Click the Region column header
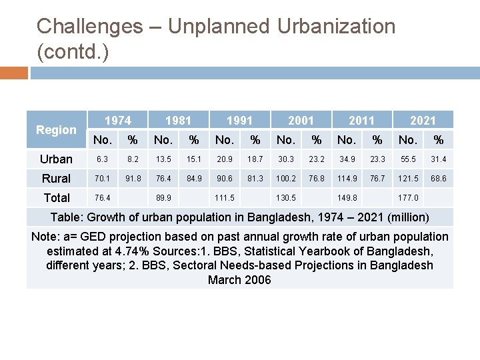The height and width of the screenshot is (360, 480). click(x=56, y=130)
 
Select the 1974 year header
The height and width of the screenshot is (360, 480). click(x=118, y=120)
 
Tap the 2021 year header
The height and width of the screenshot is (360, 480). click(x=423, y=120)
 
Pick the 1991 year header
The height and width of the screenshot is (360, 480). click(x=239, y=120)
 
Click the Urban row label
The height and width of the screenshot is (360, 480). click(x=56, y=159)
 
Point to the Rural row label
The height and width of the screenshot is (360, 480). click(x=56, y=179)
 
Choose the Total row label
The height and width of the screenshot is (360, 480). click(x=56, y=198)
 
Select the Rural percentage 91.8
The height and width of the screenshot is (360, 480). click(x=133, y=179)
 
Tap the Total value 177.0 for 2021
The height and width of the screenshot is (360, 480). click(x=407, y=198)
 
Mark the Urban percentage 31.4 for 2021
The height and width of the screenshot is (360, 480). click(x=438, y=159)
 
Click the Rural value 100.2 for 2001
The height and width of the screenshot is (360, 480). click(x=286, y=179)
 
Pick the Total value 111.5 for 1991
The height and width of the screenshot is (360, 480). click(x=225, y=198)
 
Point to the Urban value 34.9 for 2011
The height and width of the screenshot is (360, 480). click(x=347, y=159)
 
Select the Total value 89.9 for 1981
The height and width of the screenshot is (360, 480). click(x=163, y=198)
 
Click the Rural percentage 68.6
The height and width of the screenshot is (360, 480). click(x=438, y=179)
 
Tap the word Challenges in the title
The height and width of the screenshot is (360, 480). click(x=89, y=27)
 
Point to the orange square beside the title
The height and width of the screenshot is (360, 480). click(x=14, y=72)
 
